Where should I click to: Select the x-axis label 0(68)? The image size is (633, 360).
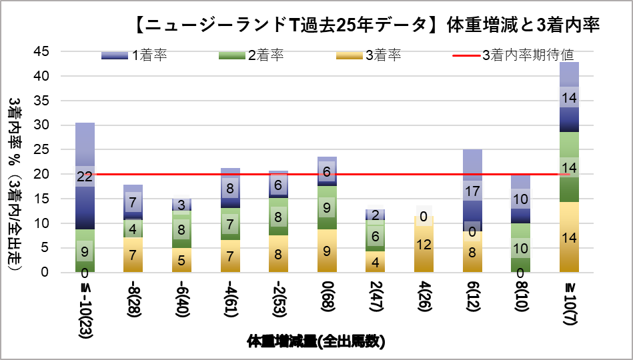327,299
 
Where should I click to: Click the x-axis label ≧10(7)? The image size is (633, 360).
569,304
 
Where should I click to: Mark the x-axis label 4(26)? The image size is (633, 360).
424,299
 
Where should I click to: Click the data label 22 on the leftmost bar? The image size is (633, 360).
85,177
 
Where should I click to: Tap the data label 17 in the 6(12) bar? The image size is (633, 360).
472,192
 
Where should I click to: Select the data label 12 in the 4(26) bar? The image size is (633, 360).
424,245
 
